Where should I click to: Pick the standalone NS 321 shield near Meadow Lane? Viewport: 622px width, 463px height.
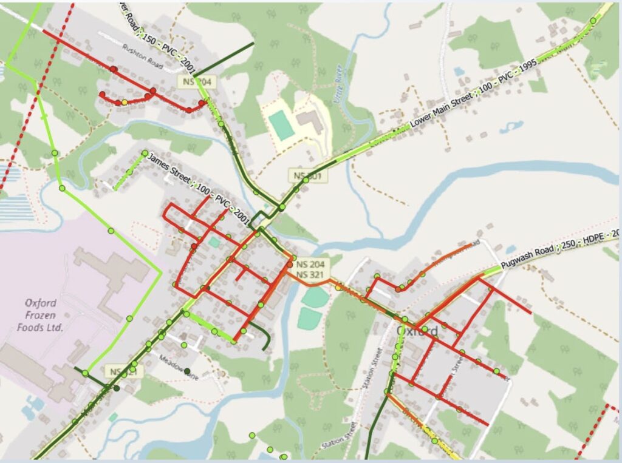click(124, 371)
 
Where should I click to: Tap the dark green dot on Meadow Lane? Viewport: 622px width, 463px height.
click(187, 371)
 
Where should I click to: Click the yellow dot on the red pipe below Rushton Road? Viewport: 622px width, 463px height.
click(125, 103)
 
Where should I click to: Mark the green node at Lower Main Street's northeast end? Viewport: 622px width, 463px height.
click(593, 21)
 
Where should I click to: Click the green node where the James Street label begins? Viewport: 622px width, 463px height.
click(145, 154)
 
